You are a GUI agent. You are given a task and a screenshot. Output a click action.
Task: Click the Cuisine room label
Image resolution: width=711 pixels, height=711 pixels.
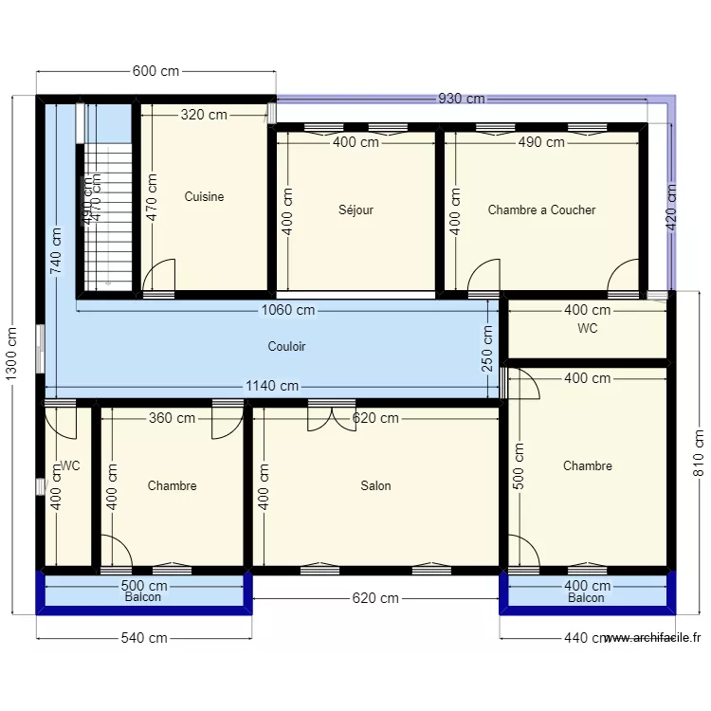[204, 197]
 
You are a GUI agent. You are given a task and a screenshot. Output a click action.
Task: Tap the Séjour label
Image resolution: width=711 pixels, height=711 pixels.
[355, 210]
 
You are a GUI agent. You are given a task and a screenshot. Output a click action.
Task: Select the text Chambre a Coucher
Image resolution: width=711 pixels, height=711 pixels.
[541, 210]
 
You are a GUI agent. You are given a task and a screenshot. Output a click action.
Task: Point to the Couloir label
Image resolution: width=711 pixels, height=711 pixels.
[286, 347]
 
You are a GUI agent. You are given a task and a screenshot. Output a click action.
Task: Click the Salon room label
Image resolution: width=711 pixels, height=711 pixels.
[375, 486]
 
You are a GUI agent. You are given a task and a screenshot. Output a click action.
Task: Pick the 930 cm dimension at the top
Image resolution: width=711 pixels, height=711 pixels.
[462, 99]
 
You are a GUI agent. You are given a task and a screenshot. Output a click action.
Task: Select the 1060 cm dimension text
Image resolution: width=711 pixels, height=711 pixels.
[289, 310]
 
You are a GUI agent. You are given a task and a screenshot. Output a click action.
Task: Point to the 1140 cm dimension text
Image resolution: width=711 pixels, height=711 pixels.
[273, 386]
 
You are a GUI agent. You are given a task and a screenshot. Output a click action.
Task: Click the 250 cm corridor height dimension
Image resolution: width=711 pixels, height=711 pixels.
[488, 349]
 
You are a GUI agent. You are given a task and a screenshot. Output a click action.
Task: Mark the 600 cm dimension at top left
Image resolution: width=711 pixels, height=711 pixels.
[155, 71]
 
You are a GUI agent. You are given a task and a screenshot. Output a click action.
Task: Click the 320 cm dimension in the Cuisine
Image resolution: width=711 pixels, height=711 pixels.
[204, 115]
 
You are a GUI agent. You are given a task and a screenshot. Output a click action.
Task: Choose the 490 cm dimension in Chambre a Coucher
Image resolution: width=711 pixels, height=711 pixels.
[541, 142]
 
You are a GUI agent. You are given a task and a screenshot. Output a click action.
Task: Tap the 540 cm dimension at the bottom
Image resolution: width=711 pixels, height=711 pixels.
[143, 638]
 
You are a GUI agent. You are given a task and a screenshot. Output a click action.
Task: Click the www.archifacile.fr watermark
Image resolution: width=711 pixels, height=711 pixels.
[652, 639]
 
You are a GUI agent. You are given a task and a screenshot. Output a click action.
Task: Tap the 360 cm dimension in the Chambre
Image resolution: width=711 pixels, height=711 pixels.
[172, 418]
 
